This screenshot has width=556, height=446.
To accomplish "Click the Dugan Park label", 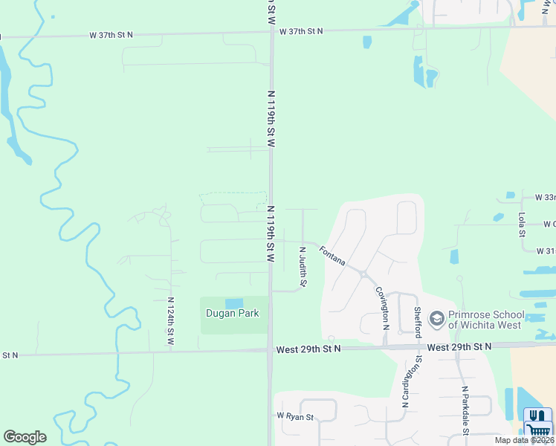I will tap(232, 314).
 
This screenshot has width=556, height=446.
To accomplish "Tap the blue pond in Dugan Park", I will tap(233, 303).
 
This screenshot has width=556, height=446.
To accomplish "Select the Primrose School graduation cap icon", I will tap(436, 319).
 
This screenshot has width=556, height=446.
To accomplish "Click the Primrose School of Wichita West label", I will tap(485, 320).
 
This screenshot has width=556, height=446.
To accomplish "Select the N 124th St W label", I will tap(170, 320).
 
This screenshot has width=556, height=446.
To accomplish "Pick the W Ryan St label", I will tap(295, 416).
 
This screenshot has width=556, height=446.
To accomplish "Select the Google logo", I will tap(25, 437).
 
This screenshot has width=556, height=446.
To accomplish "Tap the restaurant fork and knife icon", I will tap(537, 415).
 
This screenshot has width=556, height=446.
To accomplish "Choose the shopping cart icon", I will tap(537, 430).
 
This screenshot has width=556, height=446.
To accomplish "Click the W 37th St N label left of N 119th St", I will tap(111, 34).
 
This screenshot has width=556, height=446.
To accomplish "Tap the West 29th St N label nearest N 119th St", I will tap(308, 349).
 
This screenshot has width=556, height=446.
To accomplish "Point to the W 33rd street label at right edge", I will tap(545, 198).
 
